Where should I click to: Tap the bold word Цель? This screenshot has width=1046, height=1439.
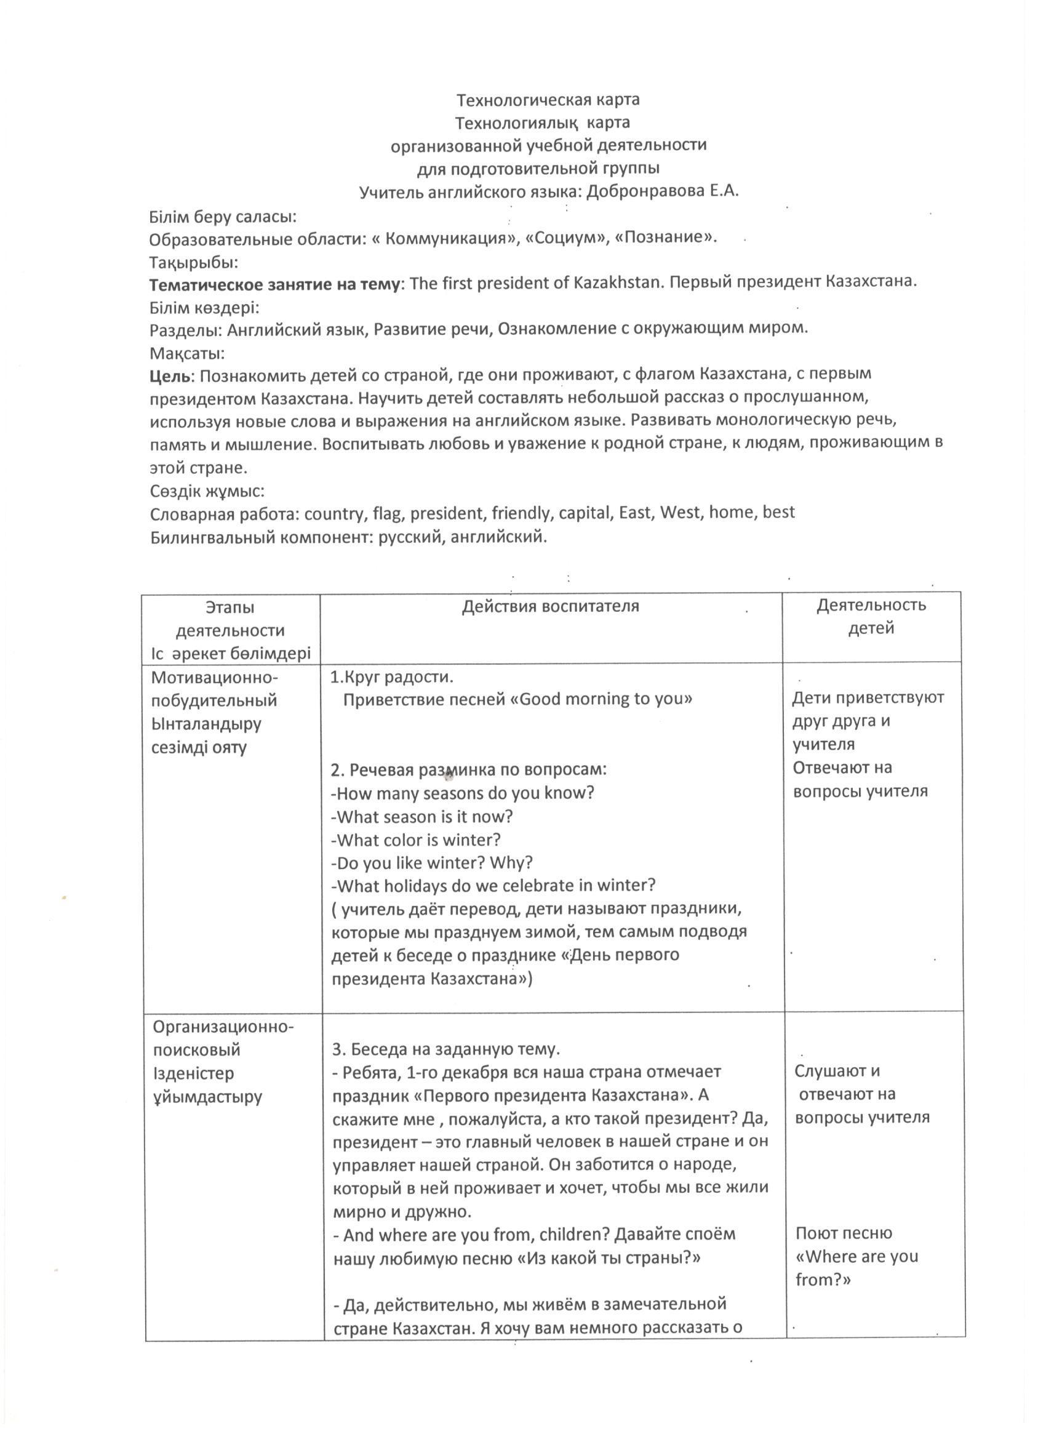170,375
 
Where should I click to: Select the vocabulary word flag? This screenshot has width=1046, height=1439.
393,513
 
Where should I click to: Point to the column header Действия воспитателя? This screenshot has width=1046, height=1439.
550,607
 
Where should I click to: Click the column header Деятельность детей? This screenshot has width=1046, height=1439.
870,616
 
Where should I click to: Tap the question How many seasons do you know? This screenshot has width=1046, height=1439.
463,793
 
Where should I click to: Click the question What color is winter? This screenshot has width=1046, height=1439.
415,840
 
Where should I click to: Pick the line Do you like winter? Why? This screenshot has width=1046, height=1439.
431,863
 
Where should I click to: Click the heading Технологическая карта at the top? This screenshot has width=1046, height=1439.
548,100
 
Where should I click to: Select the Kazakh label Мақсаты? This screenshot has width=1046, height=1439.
187,353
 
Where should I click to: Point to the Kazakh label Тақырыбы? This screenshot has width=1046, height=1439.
193,262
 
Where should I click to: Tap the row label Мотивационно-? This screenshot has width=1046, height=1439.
215,678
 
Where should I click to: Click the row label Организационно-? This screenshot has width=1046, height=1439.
223,1027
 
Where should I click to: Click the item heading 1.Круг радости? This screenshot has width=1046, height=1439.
391,677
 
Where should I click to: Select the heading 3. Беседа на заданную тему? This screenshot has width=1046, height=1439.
446,1049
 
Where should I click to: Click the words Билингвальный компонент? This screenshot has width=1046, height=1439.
261,537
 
